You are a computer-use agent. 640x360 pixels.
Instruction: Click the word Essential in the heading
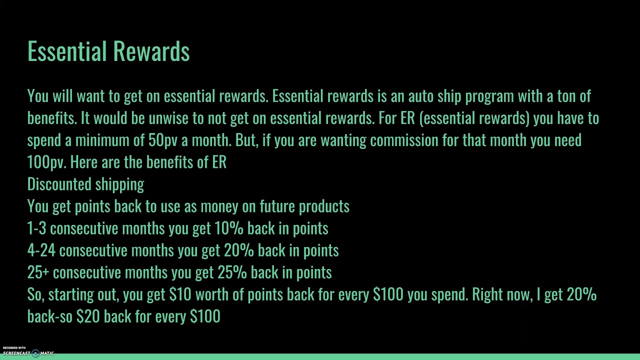(x=68, y=51)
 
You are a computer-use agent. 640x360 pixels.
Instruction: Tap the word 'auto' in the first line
(x=420, y=96)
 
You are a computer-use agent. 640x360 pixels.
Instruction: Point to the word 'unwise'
(x=168, y=118)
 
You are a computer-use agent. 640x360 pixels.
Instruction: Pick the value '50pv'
(x=162, y=140)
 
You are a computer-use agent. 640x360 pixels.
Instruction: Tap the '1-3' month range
(x=36, y=228)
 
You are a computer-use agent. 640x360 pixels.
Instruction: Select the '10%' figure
(x=228, y=228)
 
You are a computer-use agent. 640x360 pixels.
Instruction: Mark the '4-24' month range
(x=41, y=250)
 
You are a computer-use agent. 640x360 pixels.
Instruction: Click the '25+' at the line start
(x=38, y=272)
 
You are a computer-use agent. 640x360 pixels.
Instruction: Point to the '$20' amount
(x=88, y=316)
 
